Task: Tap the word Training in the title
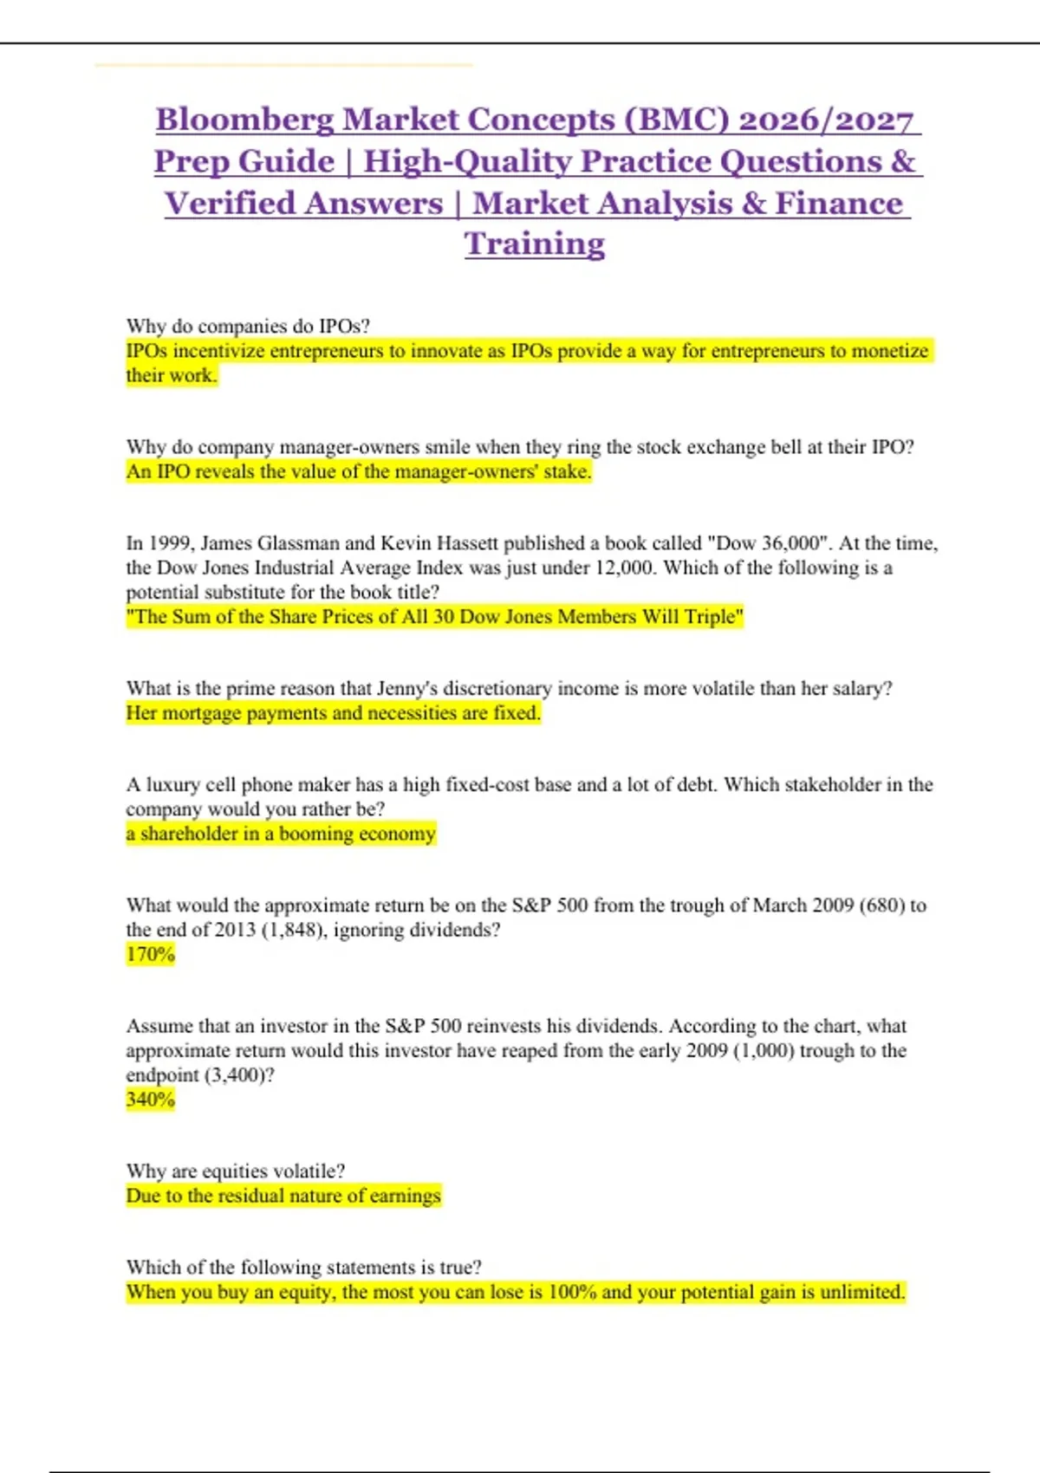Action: click(534, 244)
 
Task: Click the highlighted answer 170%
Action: click(151, 954)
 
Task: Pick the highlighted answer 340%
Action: click(151, 1100)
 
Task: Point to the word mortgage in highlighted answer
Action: click(201, 713)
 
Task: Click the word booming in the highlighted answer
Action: click(316, 834)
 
